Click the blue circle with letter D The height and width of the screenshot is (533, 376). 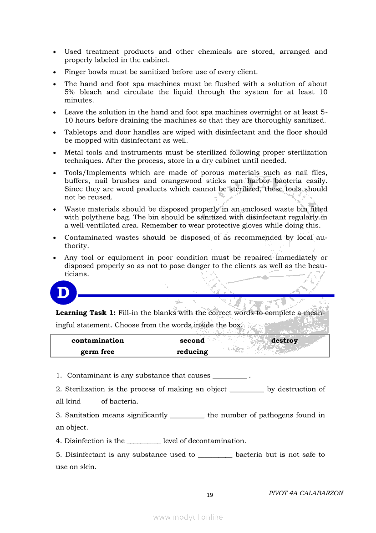63,293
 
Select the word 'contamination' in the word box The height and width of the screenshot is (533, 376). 97,341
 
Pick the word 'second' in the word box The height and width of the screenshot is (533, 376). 192,341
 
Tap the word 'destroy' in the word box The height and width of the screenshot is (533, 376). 284,341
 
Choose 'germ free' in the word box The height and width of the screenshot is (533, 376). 97,352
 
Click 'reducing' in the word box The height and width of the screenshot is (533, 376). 192,352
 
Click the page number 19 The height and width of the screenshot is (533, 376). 210,495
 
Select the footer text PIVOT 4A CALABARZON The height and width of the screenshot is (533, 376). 306,493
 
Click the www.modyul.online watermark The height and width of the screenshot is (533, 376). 188,517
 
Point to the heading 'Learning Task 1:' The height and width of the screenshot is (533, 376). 85,313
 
